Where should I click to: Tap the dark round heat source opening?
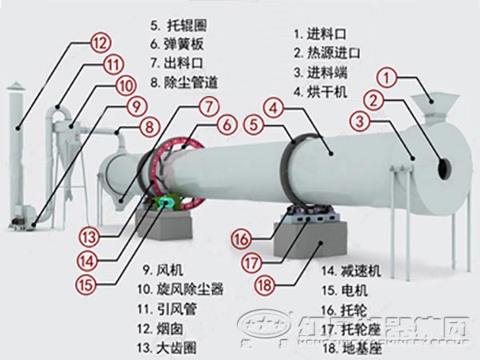442,166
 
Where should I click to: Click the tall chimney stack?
18,152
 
